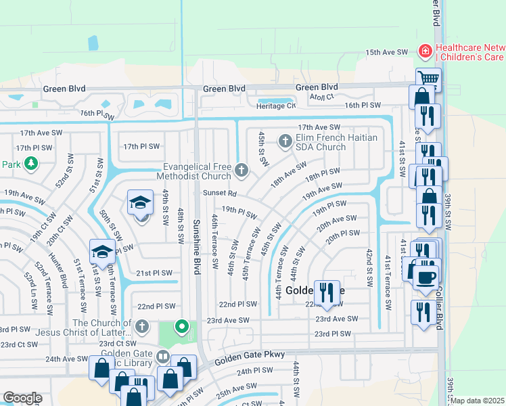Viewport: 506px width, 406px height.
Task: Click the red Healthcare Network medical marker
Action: click(425, 51)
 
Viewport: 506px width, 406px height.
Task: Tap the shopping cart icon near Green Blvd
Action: click(427, 78)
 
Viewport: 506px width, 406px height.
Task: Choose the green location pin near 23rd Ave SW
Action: click(181, 328)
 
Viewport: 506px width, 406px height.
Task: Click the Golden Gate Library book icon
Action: click(162, 356)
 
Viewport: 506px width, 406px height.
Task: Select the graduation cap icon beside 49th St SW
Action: click(141, 202)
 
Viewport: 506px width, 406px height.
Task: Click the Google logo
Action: click(22, 397)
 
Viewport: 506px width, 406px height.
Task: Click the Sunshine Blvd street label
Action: click(197, 247)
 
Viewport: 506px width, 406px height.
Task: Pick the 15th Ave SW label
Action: click(387, 52)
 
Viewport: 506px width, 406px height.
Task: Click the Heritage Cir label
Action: click(277, 106)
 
